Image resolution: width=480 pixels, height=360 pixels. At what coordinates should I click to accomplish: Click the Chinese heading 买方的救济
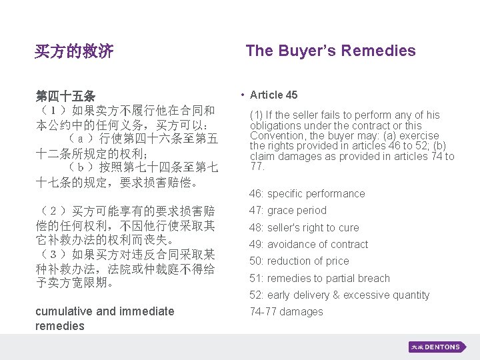pyautogui.click(x=74, y=51)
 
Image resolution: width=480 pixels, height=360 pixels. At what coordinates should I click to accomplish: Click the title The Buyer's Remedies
pyautogui.click(x=330, y=51)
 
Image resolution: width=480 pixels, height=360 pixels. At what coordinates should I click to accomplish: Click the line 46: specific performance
pyautogui.click(x=307, y=194)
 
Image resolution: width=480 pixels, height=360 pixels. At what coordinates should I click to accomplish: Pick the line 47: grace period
pyautogui.click(x=287, y=211)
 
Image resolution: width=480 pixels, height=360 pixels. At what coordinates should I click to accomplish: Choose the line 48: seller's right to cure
pyautogui.click(x=303, y=228)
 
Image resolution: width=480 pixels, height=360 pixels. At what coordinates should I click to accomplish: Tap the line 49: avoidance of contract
pyautogui.click(x=308, y=245)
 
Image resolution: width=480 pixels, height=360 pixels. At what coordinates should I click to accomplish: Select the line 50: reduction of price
pyautogui.click(x=299, y=261)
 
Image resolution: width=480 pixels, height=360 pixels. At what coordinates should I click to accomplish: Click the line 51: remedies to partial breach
pyautogui.click(x=319, y=279)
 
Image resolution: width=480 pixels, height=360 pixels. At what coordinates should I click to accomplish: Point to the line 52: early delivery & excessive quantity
pyautogui.click(x=339, y=295)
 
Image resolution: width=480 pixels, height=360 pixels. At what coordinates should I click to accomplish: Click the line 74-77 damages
pyautogui.click(x=285, y=312)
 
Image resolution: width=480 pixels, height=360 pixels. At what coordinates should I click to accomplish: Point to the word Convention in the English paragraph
pyautogui.click(x=277, y=136)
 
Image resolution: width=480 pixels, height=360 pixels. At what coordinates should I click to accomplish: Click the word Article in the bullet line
pyautogui.click(x=266, y=95)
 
